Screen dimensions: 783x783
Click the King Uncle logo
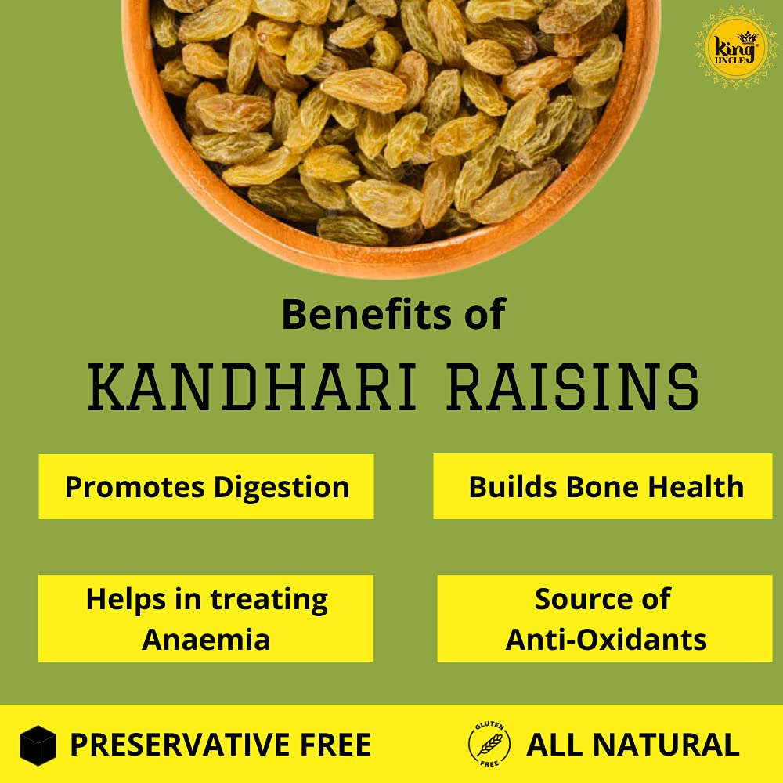(x=736, y=49)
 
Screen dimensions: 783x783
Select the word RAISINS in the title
(x=573, y=387)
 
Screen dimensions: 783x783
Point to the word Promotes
(x=135, y=487)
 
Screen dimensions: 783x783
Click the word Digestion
(x=282, y=487)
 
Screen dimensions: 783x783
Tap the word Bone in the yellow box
(x=602, y=487)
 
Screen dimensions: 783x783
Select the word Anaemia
(x=206, y=640)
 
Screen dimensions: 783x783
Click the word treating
(x=269, y=600)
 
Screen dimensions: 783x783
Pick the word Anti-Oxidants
(x=606, y=640)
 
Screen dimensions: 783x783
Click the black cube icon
(x=38, y=745)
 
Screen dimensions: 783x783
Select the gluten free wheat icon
(x=489, y=744)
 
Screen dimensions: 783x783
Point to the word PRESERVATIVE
(x=181, y=745)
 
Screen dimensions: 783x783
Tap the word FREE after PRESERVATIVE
(x=336, y=745)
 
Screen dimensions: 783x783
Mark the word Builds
(x=513, y=487)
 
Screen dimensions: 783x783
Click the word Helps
(x=126, y=600)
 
